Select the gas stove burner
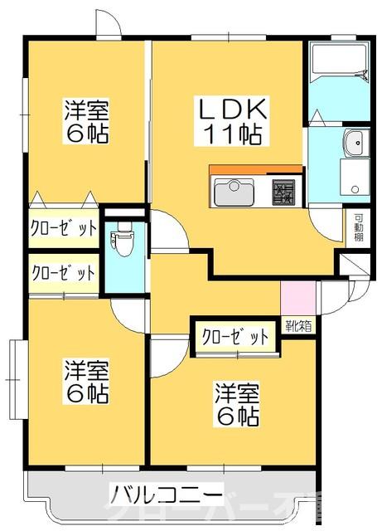coord(285,193)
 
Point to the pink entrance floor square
coord(297,297)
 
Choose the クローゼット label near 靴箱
coord(235,336)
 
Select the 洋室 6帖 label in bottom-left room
coord(86,381)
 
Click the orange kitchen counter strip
coord(256,171)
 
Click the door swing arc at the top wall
coord(107,25)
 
